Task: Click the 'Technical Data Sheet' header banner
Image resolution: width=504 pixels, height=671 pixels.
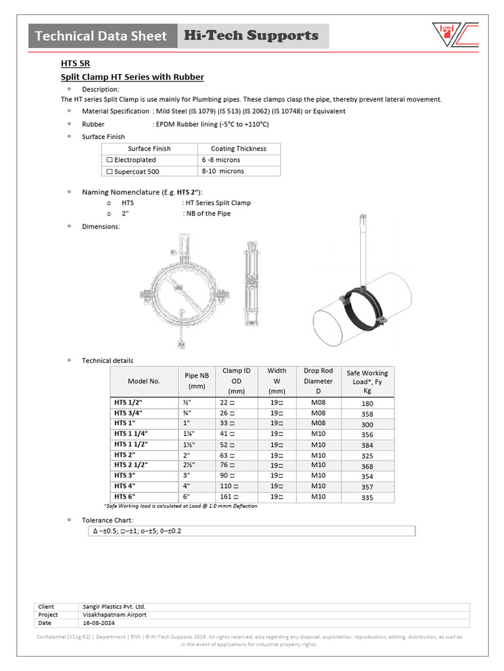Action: pyautogui.click(x=102, y=36)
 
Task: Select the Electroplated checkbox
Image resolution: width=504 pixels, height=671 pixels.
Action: pyautogui.click(x=110, y=160)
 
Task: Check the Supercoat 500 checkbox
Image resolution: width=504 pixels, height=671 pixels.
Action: pyautogui.click(x=110, y=171)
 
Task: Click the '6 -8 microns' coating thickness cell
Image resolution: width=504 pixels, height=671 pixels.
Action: pyautogui.click(x=221, y=160)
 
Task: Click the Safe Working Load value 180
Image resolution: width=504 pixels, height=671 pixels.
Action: pyautogui.click(x=367, y=404)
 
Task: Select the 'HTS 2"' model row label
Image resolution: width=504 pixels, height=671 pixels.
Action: pyautogui.click(x=125, y=455)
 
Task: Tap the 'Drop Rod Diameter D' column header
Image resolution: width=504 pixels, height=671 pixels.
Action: pyautogui.click(x=318, y=381)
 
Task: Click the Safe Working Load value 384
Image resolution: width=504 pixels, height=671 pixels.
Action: pyautogui.click(x=367, y=445)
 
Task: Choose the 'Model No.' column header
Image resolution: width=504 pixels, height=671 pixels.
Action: pyautogui.click(x=144, y=381)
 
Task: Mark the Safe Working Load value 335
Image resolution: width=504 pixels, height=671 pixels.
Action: pyautogui.click(x=367, y=498)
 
